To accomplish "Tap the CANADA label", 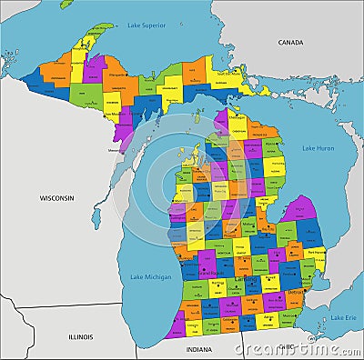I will tap(290, 42).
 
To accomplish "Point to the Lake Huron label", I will tap(318, 148).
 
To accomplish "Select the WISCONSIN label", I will tap(56, 197).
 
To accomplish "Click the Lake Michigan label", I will tap(147, 276).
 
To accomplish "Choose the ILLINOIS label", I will tap(80, 335).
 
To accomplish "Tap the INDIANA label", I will tap(198, 348).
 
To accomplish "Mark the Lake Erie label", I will tap(342, 317).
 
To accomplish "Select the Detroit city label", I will tap(294, 293).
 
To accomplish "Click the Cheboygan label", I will tap(237, 117).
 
